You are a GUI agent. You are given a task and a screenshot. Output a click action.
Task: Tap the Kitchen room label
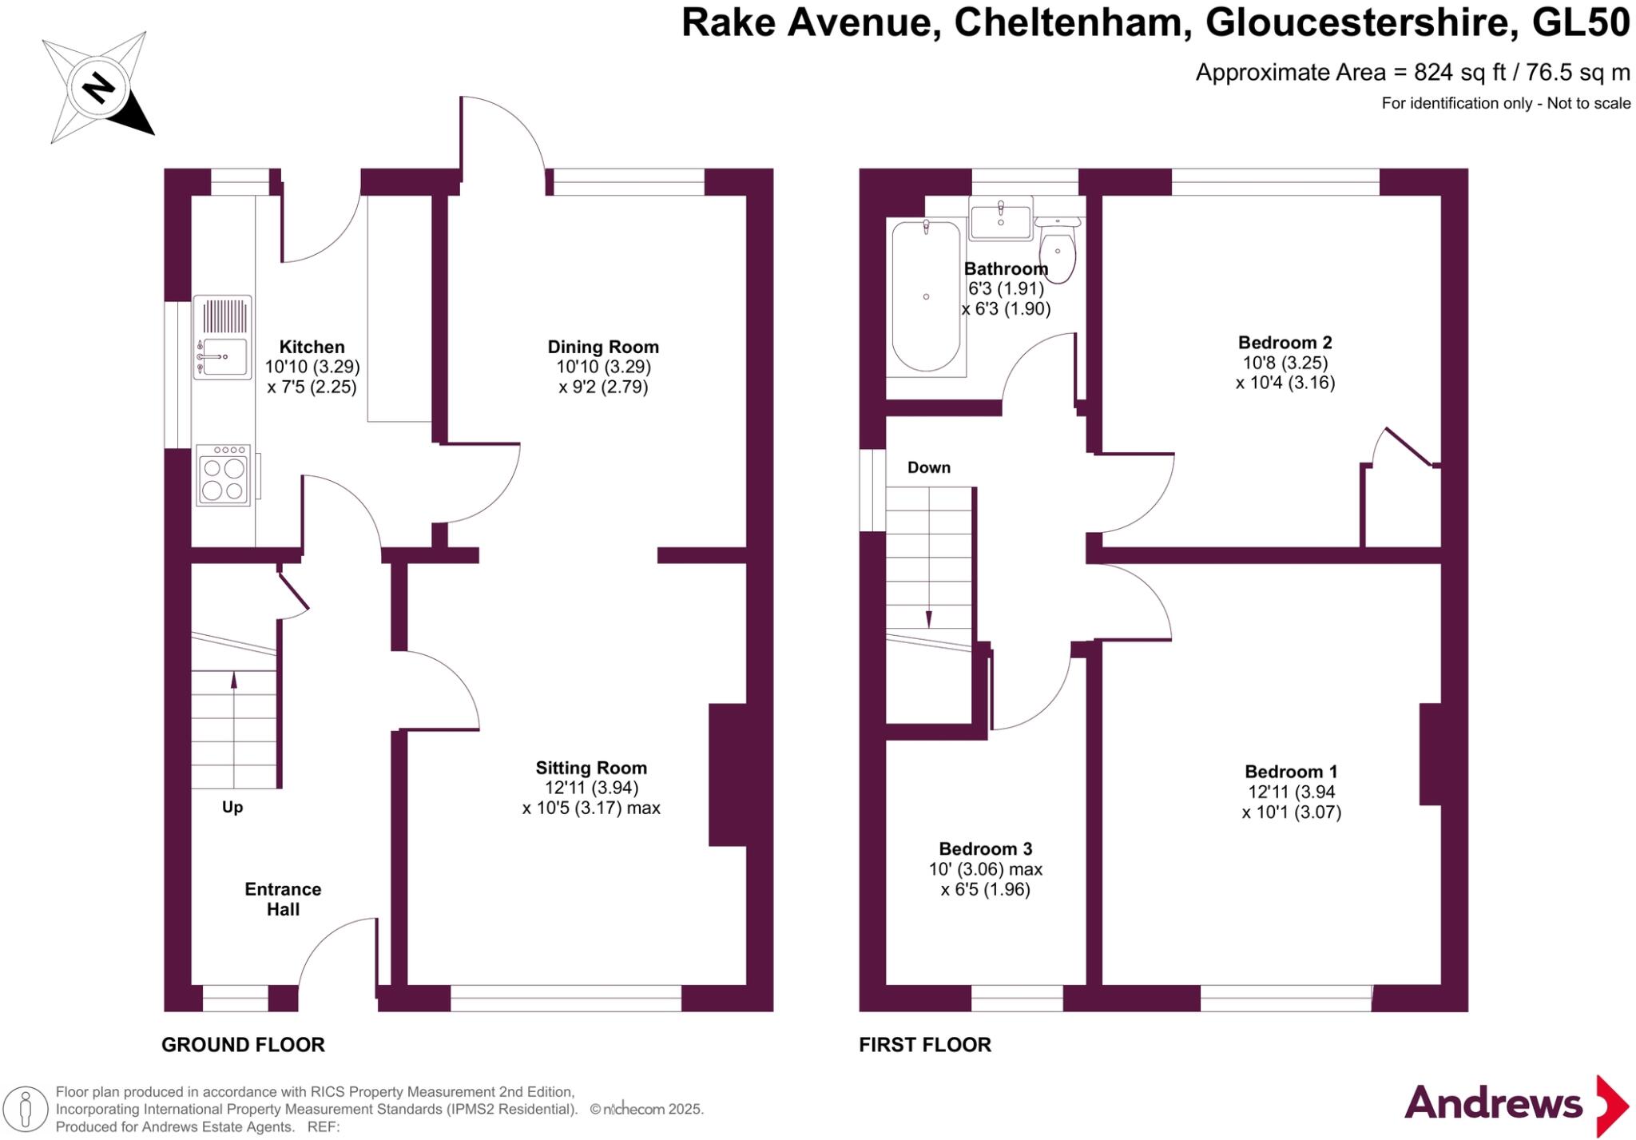[x=312, y=347]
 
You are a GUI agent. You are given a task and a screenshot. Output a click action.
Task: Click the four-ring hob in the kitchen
[x=223, y=476]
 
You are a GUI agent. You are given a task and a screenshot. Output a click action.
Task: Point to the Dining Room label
[x=603, y=347]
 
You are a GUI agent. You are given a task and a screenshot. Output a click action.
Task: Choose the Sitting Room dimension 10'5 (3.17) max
[x=591, y=808]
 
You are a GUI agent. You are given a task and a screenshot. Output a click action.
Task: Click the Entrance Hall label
[x=283, y=899]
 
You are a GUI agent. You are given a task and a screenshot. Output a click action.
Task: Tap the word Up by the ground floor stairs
[x=232, y=807]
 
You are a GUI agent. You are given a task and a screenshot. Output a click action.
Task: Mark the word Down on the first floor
[x=929, y=467]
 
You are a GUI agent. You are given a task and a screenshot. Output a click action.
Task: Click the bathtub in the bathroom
[x=926, y=296]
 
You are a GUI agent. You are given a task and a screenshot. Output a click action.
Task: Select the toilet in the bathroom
[x=1058, y=248]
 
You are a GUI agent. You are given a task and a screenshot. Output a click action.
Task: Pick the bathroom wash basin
[x=1000, y=218]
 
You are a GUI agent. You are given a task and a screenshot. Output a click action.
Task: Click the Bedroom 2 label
[x=1285, y=343]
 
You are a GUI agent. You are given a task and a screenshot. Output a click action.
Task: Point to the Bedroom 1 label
[x=1291, y=772]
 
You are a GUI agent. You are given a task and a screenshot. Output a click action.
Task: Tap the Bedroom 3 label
[x=986, y=848]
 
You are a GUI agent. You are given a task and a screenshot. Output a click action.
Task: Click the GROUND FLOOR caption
[x=243, y=1044]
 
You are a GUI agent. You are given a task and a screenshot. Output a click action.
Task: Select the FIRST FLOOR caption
[x=925, y=1044]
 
